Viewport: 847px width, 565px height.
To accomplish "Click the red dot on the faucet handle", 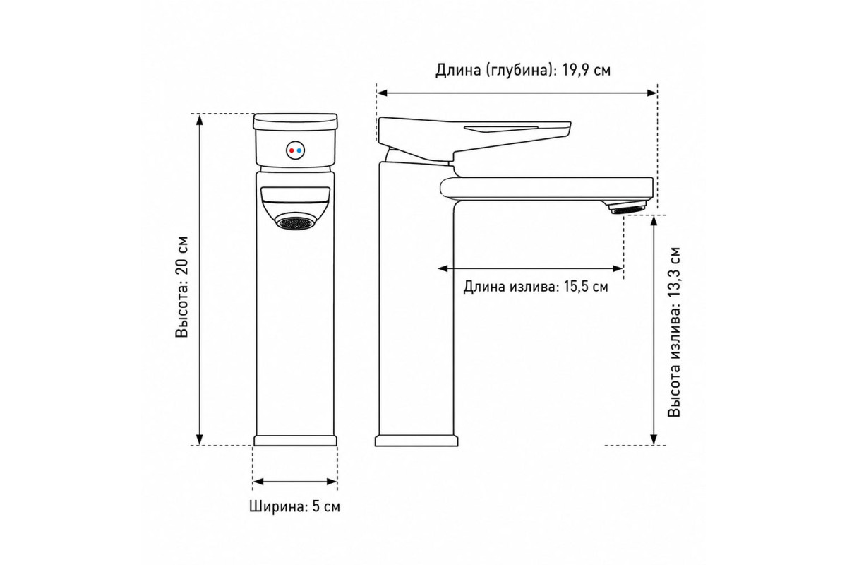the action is pyautogui.click(x=291, y=150).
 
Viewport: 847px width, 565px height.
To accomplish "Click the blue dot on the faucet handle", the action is pyautogui.click(x=299, y=150).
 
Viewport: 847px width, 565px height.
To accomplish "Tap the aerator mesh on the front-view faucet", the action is pyautogui.click(x=296, y=222).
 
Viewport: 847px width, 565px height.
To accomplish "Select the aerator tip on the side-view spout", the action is pyautogui.click(x=627, y=208).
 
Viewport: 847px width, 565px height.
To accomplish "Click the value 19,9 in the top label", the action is pyautogui.click(x=574, y=71).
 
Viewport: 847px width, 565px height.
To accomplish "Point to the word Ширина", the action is pyautogui.click(x=277, y=506).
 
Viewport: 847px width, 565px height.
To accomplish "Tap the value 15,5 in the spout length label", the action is pyautogui.click(x=576, y=287).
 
